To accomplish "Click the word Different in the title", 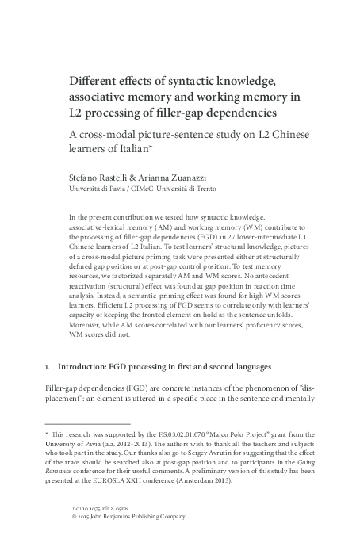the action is tap(98, 79).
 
